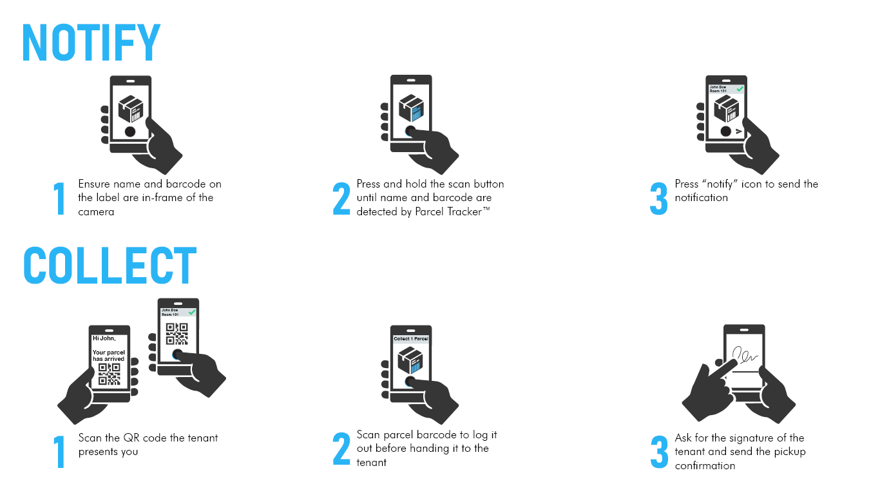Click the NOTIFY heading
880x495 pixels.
pyautogui.click(x=91, y=43)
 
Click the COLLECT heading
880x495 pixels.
pyautogui.click(x=110, y=265)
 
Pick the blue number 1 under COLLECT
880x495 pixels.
pyautogui.click(x=60, y=451)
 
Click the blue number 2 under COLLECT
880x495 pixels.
pyautogui.click(x=341, y=448)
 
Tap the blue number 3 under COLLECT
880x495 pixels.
pyautogui.click(x=659, y=451)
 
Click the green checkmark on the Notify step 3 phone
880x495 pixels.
pyautogui.click(x=740, y=89)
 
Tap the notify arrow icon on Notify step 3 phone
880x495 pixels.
pyautogui.click(x=739, y=131)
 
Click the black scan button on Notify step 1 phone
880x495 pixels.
pyautogui.click(x=130, y=131)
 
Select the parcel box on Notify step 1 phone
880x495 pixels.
pyautogui.click(x=131, y=108)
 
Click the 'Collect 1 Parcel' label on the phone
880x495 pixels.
pyautogui.click(x=411, y=338)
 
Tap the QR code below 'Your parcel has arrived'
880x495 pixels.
pyautogui.click(x=110, y=374)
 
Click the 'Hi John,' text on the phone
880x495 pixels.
pyautogui.click(x=104, y=338)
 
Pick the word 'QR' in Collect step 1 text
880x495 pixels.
pyautogui.click(x=130, y=438)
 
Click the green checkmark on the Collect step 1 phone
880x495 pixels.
pyautogui.click(x=192, y=312)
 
